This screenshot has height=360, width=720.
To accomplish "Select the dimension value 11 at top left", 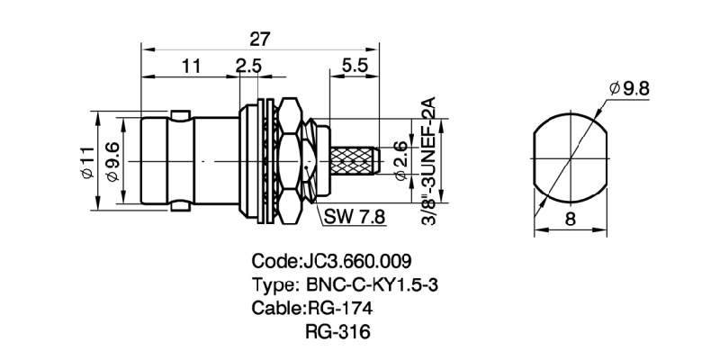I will (190, 66).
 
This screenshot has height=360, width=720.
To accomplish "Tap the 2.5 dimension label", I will (248, 66).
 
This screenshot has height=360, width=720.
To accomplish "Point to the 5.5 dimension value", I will (353, 66).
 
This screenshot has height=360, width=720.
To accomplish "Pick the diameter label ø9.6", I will (113, 162).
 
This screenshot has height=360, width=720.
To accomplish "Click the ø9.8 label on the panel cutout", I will (630, 88).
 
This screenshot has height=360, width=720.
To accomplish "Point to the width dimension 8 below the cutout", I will (570, 219).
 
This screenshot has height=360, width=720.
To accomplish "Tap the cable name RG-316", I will (338, 332).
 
